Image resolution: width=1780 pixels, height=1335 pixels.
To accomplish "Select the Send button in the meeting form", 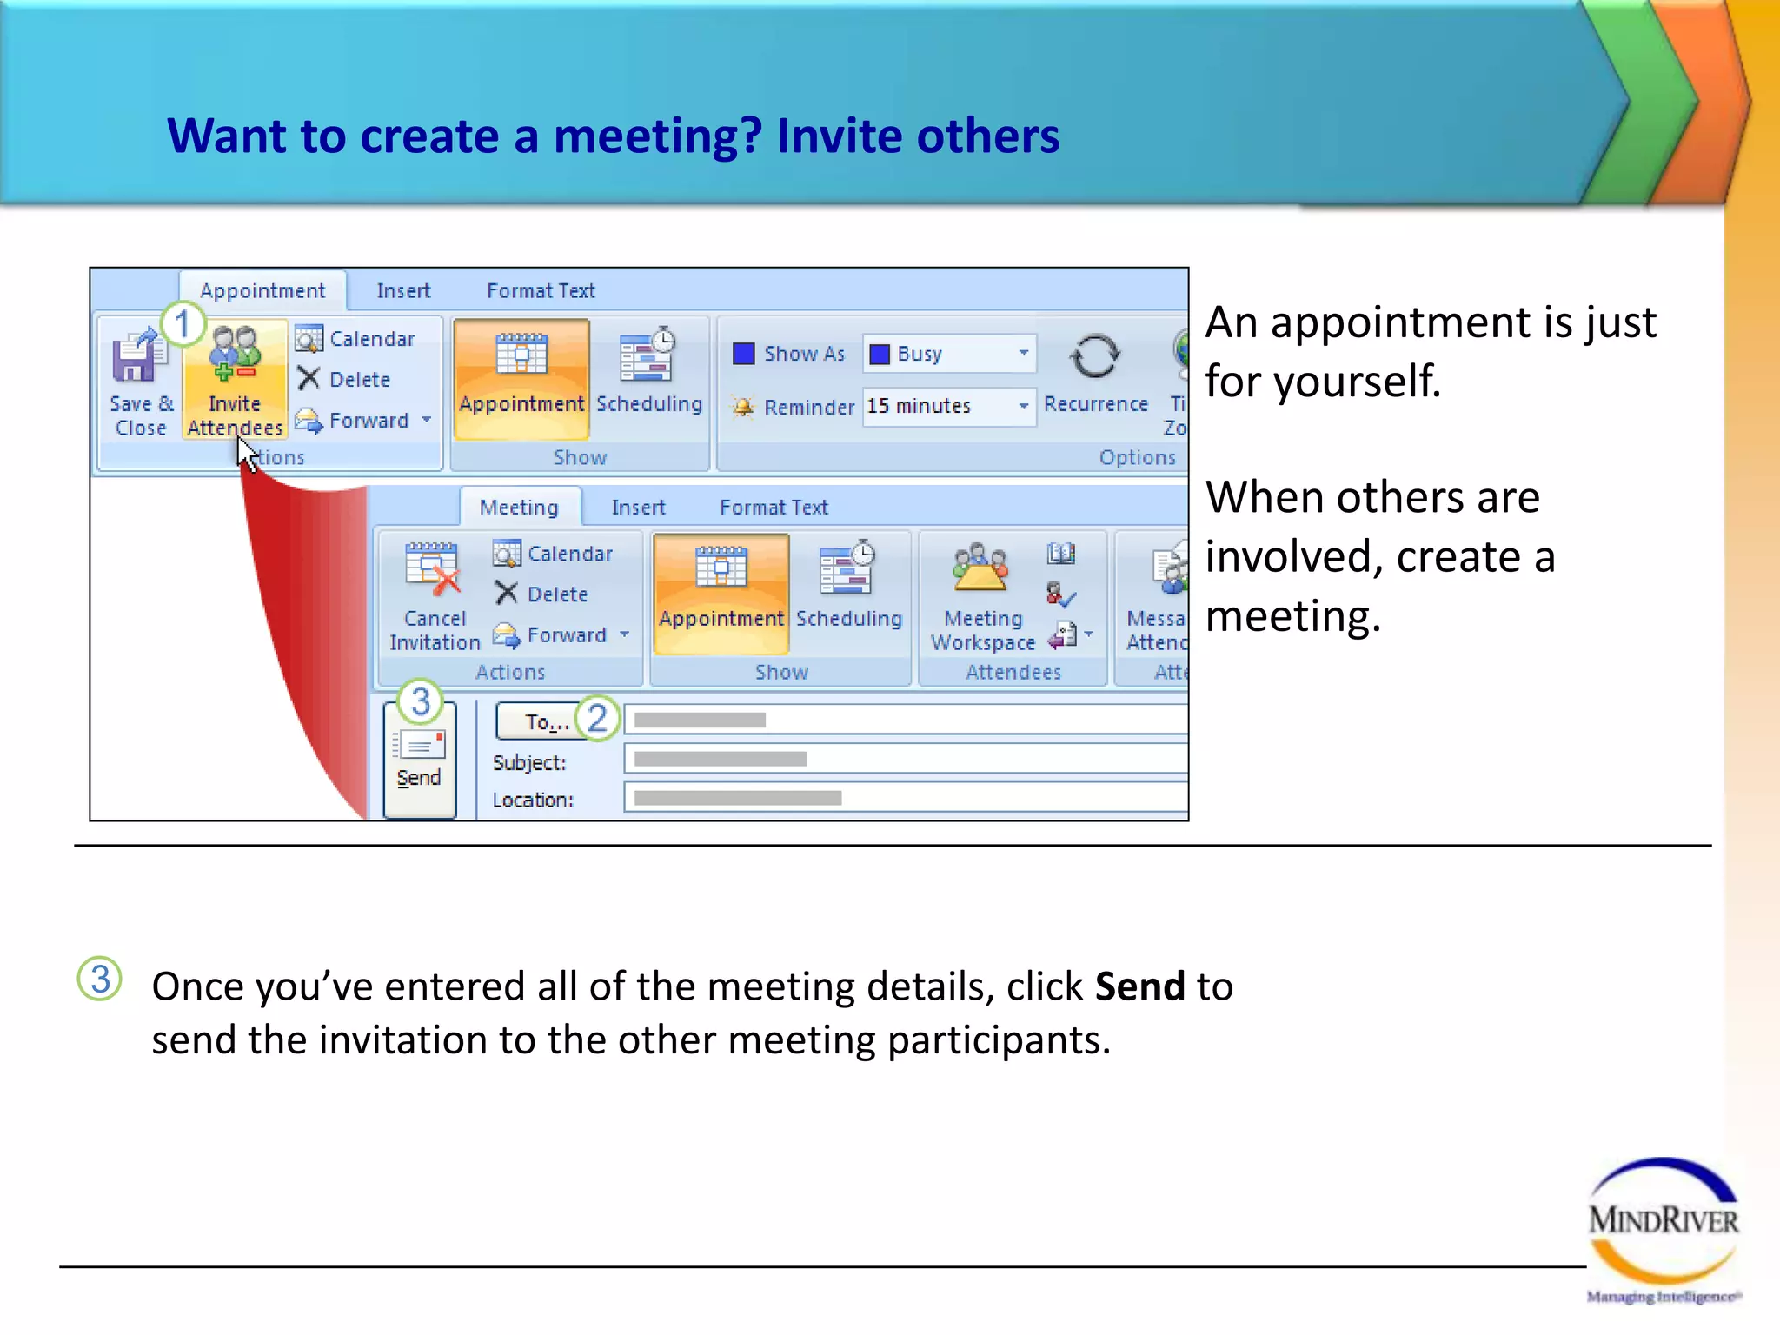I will (420, 760).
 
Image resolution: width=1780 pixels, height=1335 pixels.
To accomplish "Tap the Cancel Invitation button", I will (435, 595).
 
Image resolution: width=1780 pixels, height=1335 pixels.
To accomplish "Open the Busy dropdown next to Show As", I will (1023, 354).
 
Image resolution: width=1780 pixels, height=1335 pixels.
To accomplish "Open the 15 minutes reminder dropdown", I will (1023, 406).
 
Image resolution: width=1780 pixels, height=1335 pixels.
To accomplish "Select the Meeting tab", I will (519, 508).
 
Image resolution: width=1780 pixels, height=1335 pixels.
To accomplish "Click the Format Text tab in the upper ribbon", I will (541, 291).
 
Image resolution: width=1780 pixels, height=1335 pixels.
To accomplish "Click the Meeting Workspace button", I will (983, 595).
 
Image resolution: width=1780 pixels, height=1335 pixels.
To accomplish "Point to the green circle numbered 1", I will (182, 325).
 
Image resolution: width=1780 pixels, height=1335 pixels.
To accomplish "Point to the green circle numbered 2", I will (597, 719).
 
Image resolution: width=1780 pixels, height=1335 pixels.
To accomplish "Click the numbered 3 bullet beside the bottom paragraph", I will (100, 980).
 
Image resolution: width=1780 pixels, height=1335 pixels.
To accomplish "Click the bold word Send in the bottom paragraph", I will (1139, 987).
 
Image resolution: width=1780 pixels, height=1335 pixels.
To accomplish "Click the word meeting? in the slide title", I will (658, 136).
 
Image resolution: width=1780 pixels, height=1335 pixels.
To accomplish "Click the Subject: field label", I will (529, 763).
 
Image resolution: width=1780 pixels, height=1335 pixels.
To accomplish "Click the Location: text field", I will (904, 798).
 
